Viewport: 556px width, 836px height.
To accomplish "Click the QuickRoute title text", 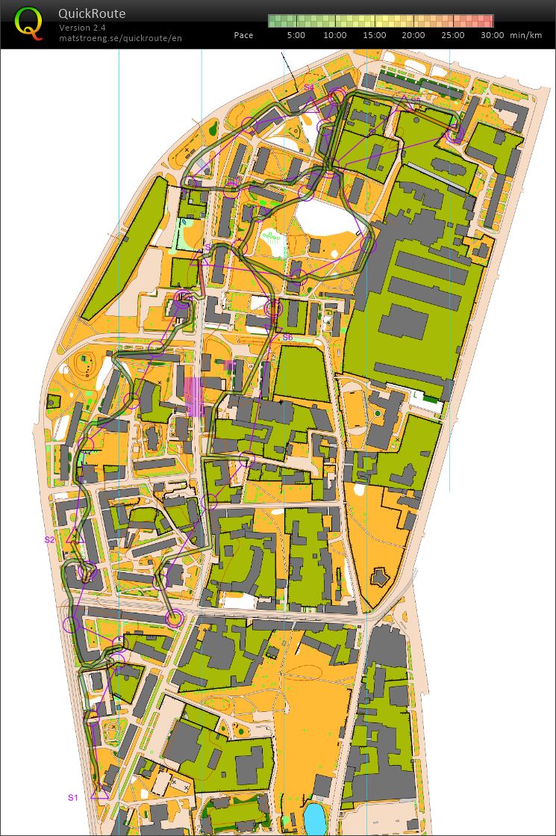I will tap(93, 13).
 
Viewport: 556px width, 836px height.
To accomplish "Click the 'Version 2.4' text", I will tap(82, 28).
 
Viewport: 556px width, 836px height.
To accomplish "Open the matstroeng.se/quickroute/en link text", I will tap(120, 37).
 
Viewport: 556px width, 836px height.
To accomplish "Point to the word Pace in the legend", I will tap(243, 35).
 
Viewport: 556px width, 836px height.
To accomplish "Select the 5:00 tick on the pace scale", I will tap(296, 35).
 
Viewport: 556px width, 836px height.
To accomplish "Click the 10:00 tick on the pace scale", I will tap(335, 35).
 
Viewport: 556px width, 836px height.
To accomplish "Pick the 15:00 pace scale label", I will tap(375, 35).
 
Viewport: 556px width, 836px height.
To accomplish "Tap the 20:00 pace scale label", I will tap(413, 35).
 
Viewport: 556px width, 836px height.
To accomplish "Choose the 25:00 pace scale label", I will tap(453, 35).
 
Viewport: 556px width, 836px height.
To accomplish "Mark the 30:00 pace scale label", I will tap(492, 35).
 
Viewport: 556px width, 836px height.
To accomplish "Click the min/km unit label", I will tap(525, 35).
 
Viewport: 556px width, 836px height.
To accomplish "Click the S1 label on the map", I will tap(73, 797).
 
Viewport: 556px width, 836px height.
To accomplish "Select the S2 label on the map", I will tap(49, 539).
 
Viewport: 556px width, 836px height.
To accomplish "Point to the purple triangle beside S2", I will tap(72, 536).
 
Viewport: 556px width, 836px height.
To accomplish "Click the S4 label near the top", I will tap(308, 87).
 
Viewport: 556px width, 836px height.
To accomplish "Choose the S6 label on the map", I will tap(287, 338).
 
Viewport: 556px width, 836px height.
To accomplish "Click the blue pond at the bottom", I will tap(315, 819).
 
